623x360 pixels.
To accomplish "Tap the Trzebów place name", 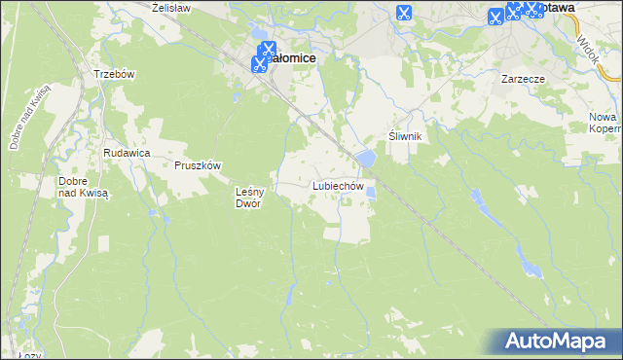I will (112, 74).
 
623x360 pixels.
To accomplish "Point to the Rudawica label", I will (126, 153).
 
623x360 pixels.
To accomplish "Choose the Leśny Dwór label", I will (250, 197).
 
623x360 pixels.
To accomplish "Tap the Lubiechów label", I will (338, 185).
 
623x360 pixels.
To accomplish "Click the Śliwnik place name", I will (404, 136).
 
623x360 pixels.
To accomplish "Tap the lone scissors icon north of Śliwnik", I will (403, 14).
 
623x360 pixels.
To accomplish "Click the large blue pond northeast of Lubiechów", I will (365, 157).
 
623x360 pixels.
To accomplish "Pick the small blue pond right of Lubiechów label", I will (371, 192).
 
